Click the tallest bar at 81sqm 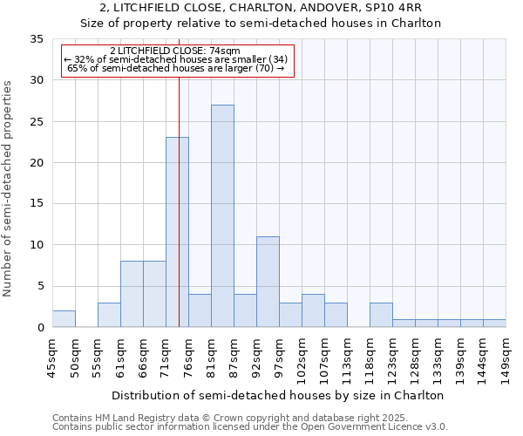[222, 216]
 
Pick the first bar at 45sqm [64, 319]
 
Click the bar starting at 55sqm [109, 315]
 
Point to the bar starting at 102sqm [313, 311]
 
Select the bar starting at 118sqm [381, 315]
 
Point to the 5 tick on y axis [39, 287]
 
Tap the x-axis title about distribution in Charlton [278, 395]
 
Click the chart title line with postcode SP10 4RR [261, 8]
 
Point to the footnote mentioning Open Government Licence [250, 427]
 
